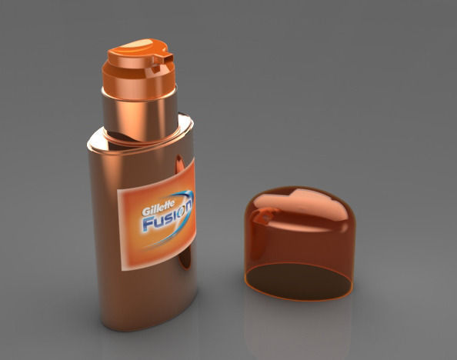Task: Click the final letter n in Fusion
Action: [188, 206]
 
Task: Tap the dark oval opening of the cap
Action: [300, 282]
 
